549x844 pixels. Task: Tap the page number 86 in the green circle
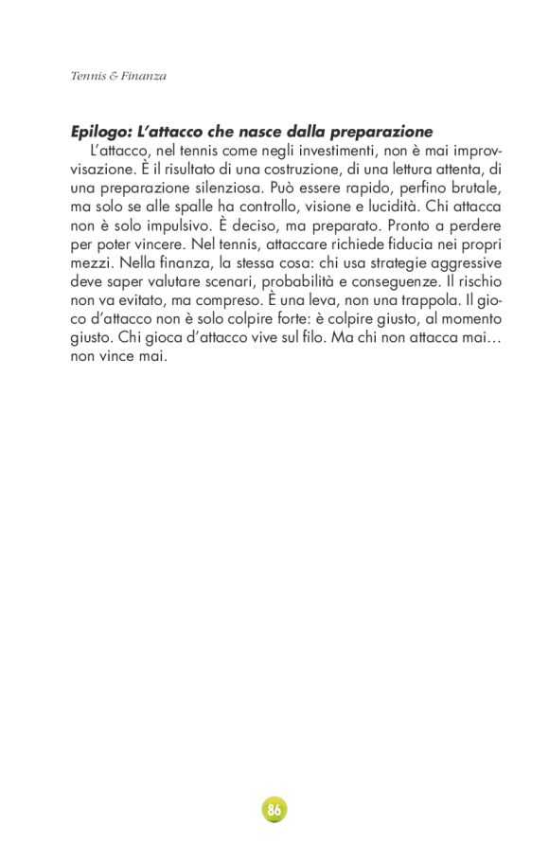(x=274, y=810)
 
